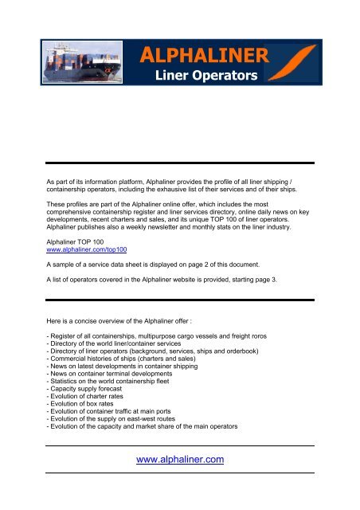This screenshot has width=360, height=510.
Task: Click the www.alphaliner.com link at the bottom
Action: tap(180, 458)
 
